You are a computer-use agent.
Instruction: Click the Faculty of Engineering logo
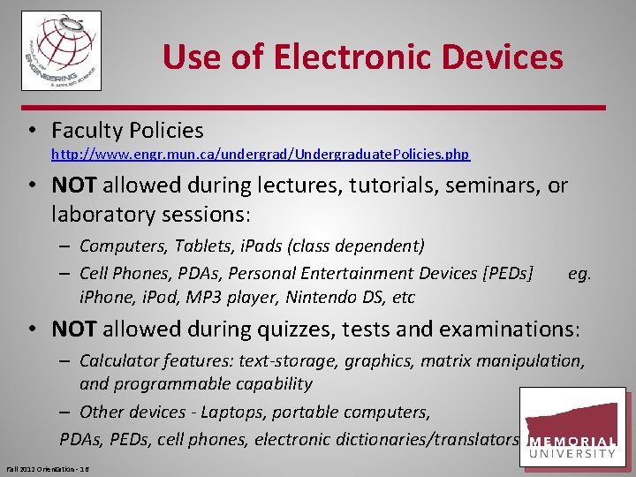(61, 50)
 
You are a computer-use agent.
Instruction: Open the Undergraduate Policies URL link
(261, 155)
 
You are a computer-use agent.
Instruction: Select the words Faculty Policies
(127, 131)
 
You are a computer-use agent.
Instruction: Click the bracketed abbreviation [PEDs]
(504, 274)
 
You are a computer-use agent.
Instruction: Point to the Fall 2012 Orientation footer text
(49, 467)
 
